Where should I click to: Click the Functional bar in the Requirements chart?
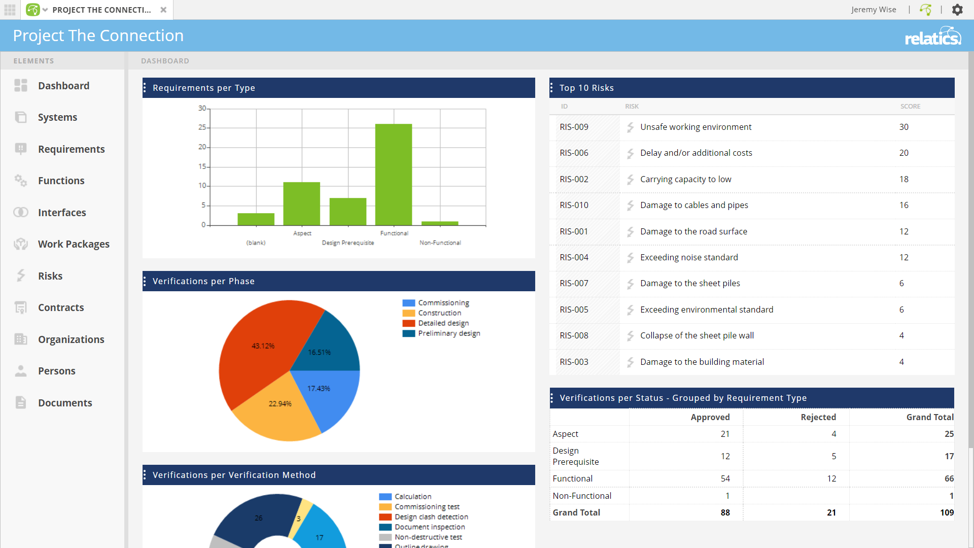point(393,175)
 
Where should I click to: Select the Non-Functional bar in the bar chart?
point(440,223)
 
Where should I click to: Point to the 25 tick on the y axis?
point(202,127)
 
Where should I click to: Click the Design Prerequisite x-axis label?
point(347,243)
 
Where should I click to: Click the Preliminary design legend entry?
point(448,333)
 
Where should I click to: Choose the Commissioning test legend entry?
point(427,507)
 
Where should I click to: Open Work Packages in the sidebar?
point(74,244)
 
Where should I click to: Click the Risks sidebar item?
point(50,276)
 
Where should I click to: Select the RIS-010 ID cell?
point(574,205)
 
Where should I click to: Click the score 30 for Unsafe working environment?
point(903,127)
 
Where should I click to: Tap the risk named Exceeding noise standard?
point(689,257)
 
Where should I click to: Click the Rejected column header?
point(818,417)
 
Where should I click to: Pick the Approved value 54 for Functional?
point(725,478)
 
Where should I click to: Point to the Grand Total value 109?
point(946,512)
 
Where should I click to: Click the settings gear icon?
point(957,10)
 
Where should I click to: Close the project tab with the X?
point(163,10)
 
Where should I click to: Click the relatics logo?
point(932,36)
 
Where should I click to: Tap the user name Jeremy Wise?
point(873,10)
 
